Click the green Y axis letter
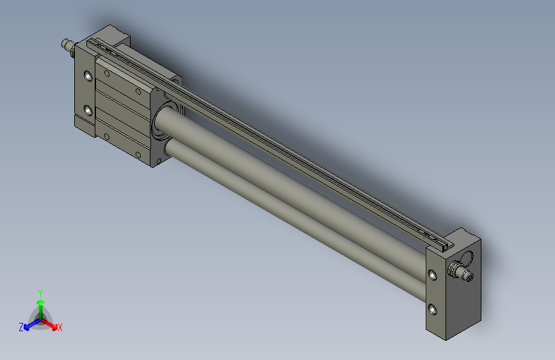40,291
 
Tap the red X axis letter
60,328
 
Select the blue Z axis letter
21,327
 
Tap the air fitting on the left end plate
65,45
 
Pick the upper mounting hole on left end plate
88,76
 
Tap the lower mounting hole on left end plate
88,110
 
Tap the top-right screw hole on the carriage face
138,91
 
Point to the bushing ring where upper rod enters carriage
161,122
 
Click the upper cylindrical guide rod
288,186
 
